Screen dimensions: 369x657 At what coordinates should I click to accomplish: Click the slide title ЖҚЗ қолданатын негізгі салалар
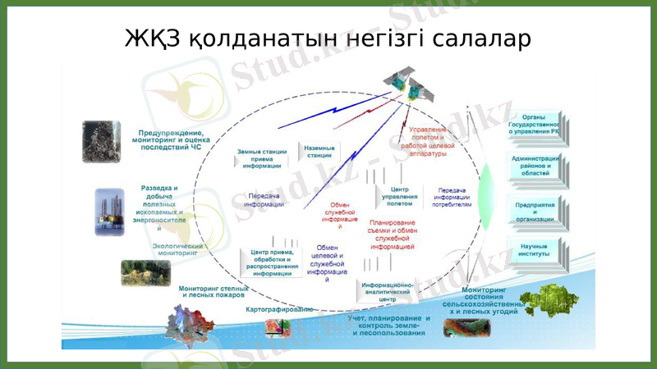point(328,39)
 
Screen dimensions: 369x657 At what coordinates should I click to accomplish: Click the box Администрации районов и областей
point(535,166)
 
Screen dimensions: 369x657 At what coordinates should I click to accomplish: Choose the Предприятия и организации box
point(535,212)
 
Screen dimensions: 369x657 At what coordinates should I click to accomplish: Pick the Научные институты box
point(535,251)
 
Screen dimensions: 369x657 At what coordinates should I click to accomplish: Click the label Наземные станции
point(319,152)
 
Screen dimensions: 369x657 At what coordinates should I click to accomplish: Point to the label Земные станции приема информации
point(261,158)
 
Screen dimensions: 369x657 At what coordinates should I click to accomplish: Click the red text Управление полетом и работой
point(428,141)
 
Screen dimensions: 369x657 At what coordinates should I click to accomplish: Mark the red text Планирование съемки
point(392,234)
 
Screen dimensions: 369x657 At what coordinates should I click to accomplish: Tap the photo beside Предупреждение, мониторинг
point(102,142)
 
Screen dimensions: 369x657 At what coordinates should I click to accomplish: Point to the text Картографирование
point(279,310)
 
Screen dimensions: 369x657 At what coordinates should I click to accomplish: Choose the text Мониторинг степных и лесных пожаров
point(214,291)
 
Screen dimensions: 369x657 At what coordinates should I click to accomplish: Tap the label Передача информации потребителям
point(452,198)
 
